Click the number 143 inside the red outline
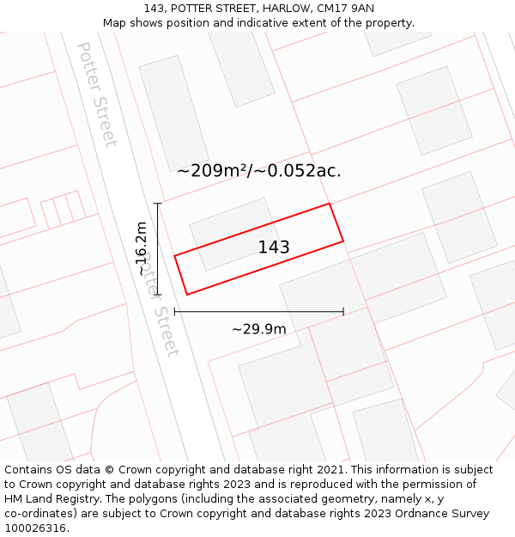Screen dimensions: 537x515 pyautogui.click(x=274, y=247)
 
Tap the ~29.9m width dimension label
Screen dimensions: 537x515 pyautogui.click(x=258, y=328)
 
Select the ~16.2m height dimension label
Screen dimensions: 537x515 pyautogui.click(x=142, y=248)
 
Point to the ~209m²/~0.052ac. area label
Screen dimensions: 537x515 pyautogui.click(x=258, y=171)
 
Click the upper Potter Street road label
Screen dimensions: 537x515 pyautogui.click(x=97, y=95)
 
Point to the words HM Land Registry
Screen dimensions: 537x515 pyautogui.click(x=48, y=498)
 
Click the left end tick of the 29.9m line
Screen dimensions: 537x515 pyautogui.click(x=175, y=312)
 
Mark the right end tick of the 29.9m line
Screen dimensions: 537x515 pyautogui.click(x=343, y=312)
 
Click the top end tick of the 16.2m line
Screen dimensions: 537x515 pyautogui.click(x=158, y=204)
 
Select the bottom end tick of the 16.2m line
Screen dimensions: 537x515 pyautogui.click(x=158, y=295)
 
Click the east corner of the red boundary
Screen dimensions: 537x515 pyautogui.click(x=343, y=241)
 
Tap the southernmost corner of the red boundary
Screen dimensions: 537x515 pyautogui.click(x=187, y=295)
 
